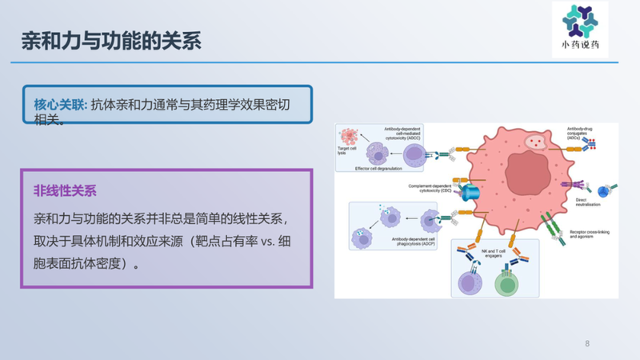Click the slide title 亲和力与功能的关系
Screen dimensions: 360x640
click(111, 40)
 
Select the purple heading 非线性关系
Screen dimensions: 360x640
click(66, 192)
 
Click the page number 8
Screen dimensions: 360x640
click(587, 344)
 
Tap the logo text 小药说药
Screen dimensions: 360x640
click(579, 48)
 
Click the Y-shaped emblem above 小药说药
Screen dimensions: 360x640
click(579, 22)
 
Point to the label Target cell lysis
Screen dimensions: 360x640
click(348, 151)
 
